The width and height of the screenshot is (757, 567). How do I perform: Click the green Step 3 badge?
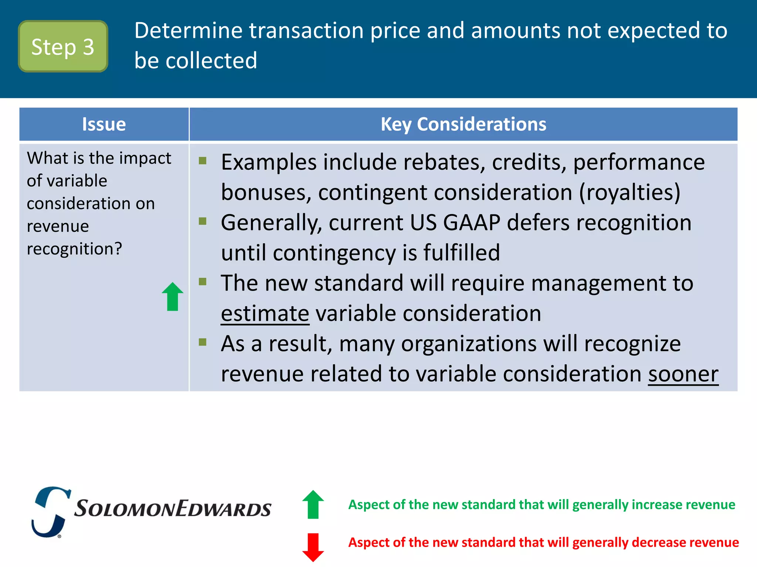(63, 47)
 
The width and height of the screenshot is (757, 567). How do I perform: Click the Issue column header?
(104, 124)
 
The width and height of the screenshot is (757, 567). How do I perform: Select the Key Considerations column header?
(463, 124)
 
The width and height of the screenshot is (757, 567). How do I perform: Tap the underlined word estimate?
(265, 314)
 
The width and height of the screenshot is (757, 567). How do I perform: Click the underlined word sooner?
(683, 374)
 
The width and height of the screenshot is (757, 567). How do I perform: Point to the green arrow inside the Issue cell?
(173, 297)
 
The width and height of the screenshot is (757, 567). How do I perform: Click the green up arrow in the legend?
(313, 504)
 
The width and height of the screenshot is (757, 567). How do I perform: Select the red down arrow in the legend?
(313, 547)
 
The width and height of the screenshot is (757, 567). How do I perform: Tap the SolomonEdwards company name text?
(173, 509)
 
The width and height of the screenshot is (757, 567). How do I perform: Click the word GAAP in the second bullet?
(471, 223)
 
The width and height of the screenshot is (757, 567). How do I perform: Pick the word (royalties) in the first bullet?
(629, 193)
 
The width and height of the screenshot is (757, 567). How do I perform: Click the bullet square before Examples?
(203, 161)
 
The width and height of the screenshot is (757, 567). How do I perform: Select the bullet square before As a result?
(203, 342)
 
